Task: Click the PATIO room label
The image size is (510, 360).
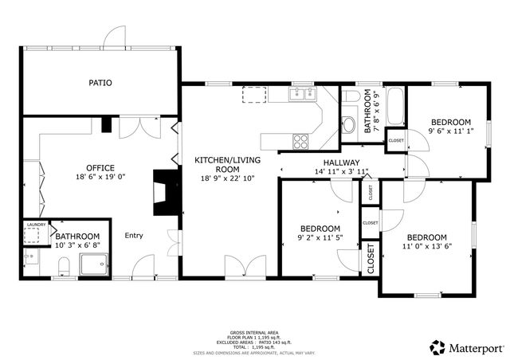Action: [x=100, y=82]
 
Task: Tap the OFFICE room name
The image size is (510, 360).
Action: [x=101, y=167]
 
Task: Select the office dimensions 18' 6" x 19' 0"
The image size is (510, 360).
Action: [x=101, y=177]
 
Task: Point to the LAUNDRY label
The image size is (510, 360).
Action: [x=36, y=225]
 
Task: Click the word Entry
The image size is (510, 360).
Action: [x=134, y=235]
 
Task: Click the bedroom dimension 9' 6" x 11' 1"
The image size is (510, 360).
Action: [x=451, y=131]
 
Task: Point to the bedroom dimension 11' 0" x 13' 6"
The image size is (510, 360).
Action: [x=427, y=247]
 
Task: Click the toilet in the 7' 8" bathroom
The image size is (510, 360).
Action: [x=349, y=124]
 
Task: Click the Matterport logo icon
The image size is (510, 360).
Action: [x=437, y=347]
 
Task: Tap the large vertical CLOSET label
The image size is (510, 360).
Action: [x=371, y=258]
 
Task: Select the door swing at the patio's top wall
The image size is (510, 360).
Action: [x=116, y=35]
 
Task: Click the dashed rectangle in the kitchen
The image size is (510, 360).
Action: [x=254, y=96]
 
